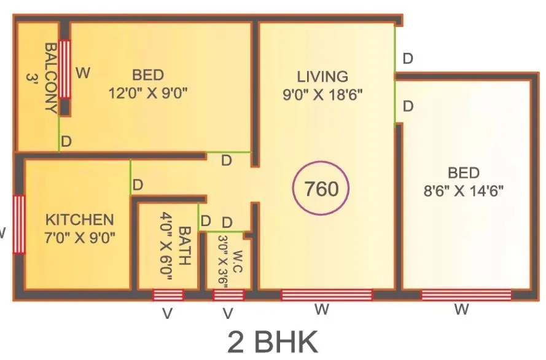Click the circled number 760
point(322,189)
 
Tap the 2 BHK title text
point(273,342)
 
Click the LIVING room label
point(322,77)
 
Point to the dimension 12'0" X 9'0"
point(148,93)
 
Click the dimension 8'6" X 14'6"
point(463,190)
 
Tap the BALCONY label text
point(50,77)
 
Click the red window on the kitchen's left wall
point(19,224)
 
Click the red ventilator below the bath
point(168,295)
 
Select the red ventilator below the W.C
point(228,295)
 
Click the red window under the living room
point(326,295)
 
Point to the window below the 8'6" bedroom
point(466,295)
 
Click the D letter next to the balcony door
point(66,141)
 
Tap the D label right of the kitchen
point(138,185)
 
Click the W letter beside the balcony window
point(83,73)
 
